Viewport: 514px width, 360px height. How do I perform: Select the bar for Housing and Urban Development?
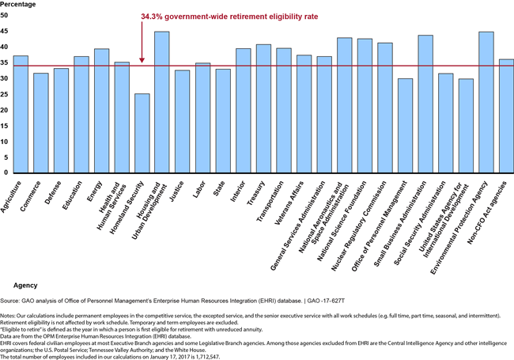click(x=161, y=102)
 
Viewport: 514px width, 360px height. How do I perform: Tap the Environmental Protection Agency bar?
click(x=486, y=102)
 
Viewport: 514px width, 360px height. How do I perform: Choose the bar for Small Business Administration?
click(x=425, y=104)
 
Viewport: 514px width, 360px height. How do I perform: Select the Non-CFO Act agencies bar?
click(x=507, y=116)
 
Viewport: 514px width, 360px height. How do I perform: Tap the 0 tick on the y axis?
click(x=7, y=172)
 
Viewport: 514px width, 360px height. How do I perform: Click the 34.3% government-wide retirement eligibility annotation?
click(x=210, y=16)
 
